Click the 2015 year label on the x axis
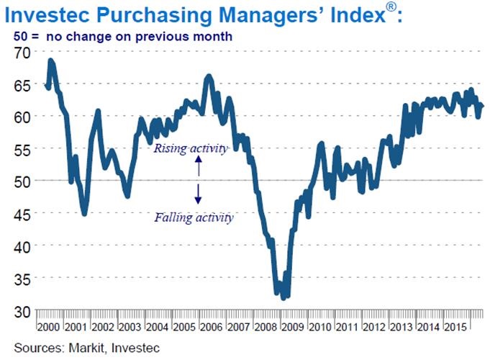[x=456, y=328]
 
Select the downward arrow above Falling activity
[x=199, y=193]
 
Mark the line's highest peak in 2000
[x=51, y=60]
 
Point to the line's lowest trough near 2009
[x=283, y=297]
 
